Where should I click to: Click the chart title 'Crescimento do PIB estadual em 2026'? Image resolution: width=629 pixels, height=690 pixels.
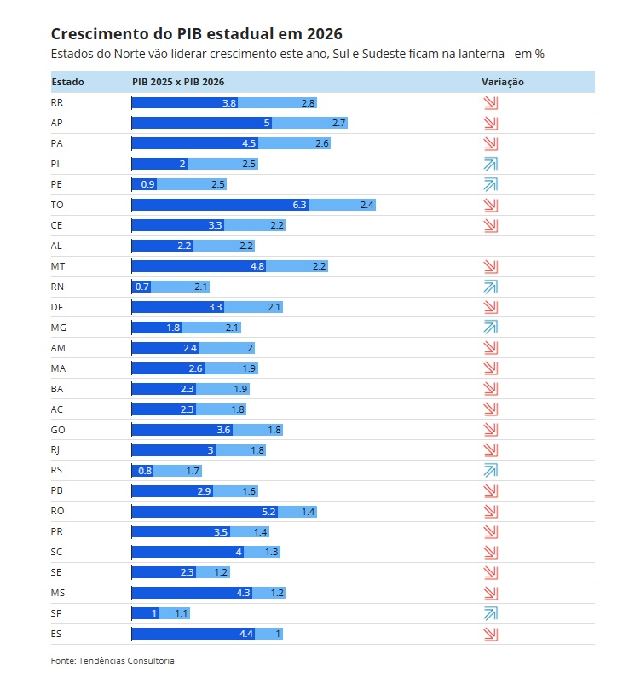pos(196,34)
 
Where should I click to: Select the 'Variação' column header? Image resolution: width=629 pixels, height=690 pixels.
pos(502,82)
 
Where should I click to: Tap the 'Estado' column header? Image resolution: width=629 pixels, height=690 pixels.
pos(67,82)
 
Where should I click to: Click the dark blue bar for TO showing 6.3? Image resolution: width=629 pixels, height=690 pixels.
pos(219,205)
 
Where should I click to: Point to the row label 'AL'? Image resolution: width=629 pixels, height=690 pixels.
pos(57,246)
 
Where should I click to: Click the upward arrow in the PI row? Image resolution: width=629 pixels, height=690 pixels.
pos(490,164)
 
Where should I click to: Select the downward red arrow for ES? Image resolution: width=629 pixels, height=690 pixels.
pos(490,634)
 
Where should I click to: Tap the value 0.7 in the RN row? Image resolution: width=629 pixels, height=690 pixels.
pos(142,287)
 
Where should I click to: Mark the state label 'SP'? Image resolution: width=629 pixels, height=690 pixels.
pos(57,613)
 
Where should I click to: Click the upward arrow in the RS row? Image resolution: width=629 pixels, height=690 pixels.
pos(490,470)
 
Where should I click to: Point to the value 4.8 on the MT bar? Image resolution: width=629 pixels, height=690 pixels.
pos(257,266)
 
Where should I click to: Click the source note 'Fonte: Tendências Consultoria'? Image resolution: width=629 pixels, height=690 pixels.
pos(113,660)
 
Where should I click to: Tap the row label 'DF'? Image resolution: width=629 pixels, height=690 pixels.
pos(57,307)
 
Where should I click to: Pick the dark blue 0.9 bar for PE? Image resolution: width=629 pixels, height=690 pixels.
pos(144,184)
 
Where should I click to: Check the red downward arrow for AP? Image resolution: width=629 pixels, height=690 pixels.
pos(490,123)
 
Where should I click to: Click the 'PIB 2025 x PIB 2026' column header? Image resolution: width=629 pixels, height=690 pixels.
pos(178,82)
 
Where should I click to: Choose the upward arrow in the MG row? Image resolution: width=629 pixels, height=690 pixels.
pos(490,327)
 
